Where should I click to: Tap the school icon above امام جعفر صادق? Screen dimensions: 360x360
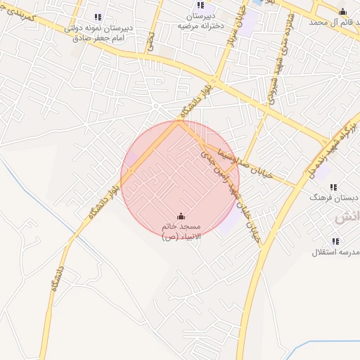click(x=98, y=17)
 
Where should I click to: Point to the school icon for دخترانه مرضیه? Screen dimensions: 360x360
click(x=200, y=5)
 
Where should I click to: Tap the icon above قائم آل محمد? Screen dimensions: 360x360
click(x=342, y=11)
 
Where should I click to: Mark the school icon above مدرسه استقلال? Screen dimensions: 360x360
click(x=335, y=241)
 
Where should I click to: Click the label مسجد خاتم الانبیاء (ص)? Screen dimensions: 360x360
click(x=181, y=232)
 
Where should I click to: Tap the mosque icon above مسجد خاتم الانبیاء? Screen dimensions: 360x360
click(x=181, y=216)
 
